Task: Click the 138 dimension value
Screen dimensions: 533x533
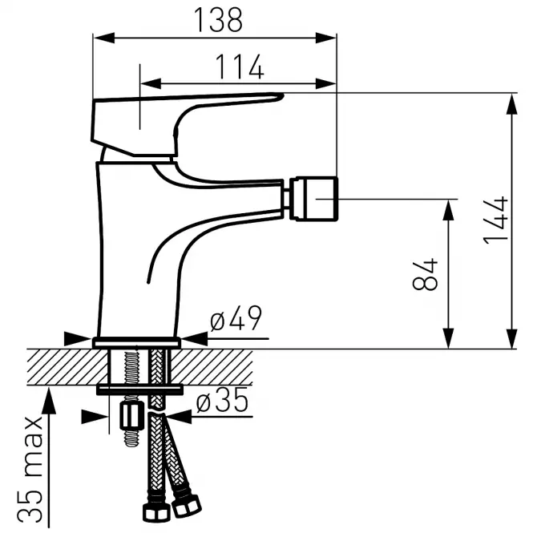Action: click(218, 20)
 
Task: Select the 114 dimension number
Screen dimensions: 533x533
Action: click(240, 67)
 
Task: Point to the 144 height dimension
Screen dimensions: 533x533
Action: click(495, 220)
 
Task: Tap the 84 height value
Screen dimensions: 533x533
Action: click(425, 274)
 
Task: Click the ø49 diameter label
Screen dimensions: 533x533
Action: click(236, 318)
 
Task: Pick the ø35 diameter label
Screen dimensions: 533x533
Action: click(222, 399)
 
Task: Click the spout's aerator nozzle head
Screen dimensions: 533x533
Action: click(316, 199)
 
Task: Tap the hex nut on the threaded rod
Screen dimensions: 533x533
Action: click(129, 416)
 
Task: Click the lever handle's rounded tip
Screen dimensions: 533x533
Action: click(280, 96)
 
